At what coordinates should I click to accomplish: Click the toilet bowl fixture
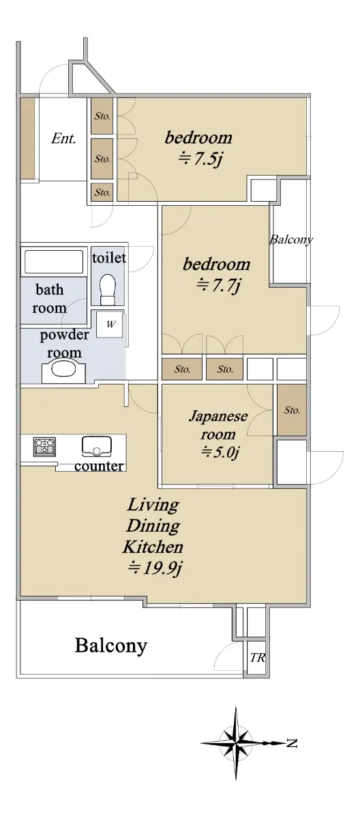point(107,288)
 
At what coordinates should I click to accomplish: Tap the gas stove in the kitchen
point(44,446)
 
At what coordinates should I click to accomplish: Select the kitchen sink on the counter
point(97,446)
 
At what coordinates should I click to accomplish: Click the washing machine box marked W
point(110,324)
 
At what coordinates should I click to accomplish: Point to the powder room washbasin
point(64,370)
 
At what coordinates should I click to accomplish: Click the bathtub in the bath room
point(54,262)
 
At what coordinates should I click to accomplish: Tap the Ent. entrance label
point(63,138)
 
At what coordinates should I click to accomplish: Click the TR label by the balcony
point(258,658)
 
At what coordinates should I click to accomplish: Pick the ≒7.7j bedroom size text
point(218,285)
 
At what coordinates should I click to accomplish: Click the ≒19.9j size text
point(155,568)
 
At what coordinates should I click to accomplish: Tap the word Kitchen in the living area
point(153,547)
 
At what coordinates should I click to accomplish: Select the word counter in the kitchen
point(99,466)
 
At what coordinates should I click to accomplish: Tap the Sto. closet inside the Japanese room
point(292,410)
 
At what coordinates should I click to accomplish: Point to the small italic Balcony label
point(291,239)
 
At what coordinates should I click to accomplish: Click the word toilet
point(109,258)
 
